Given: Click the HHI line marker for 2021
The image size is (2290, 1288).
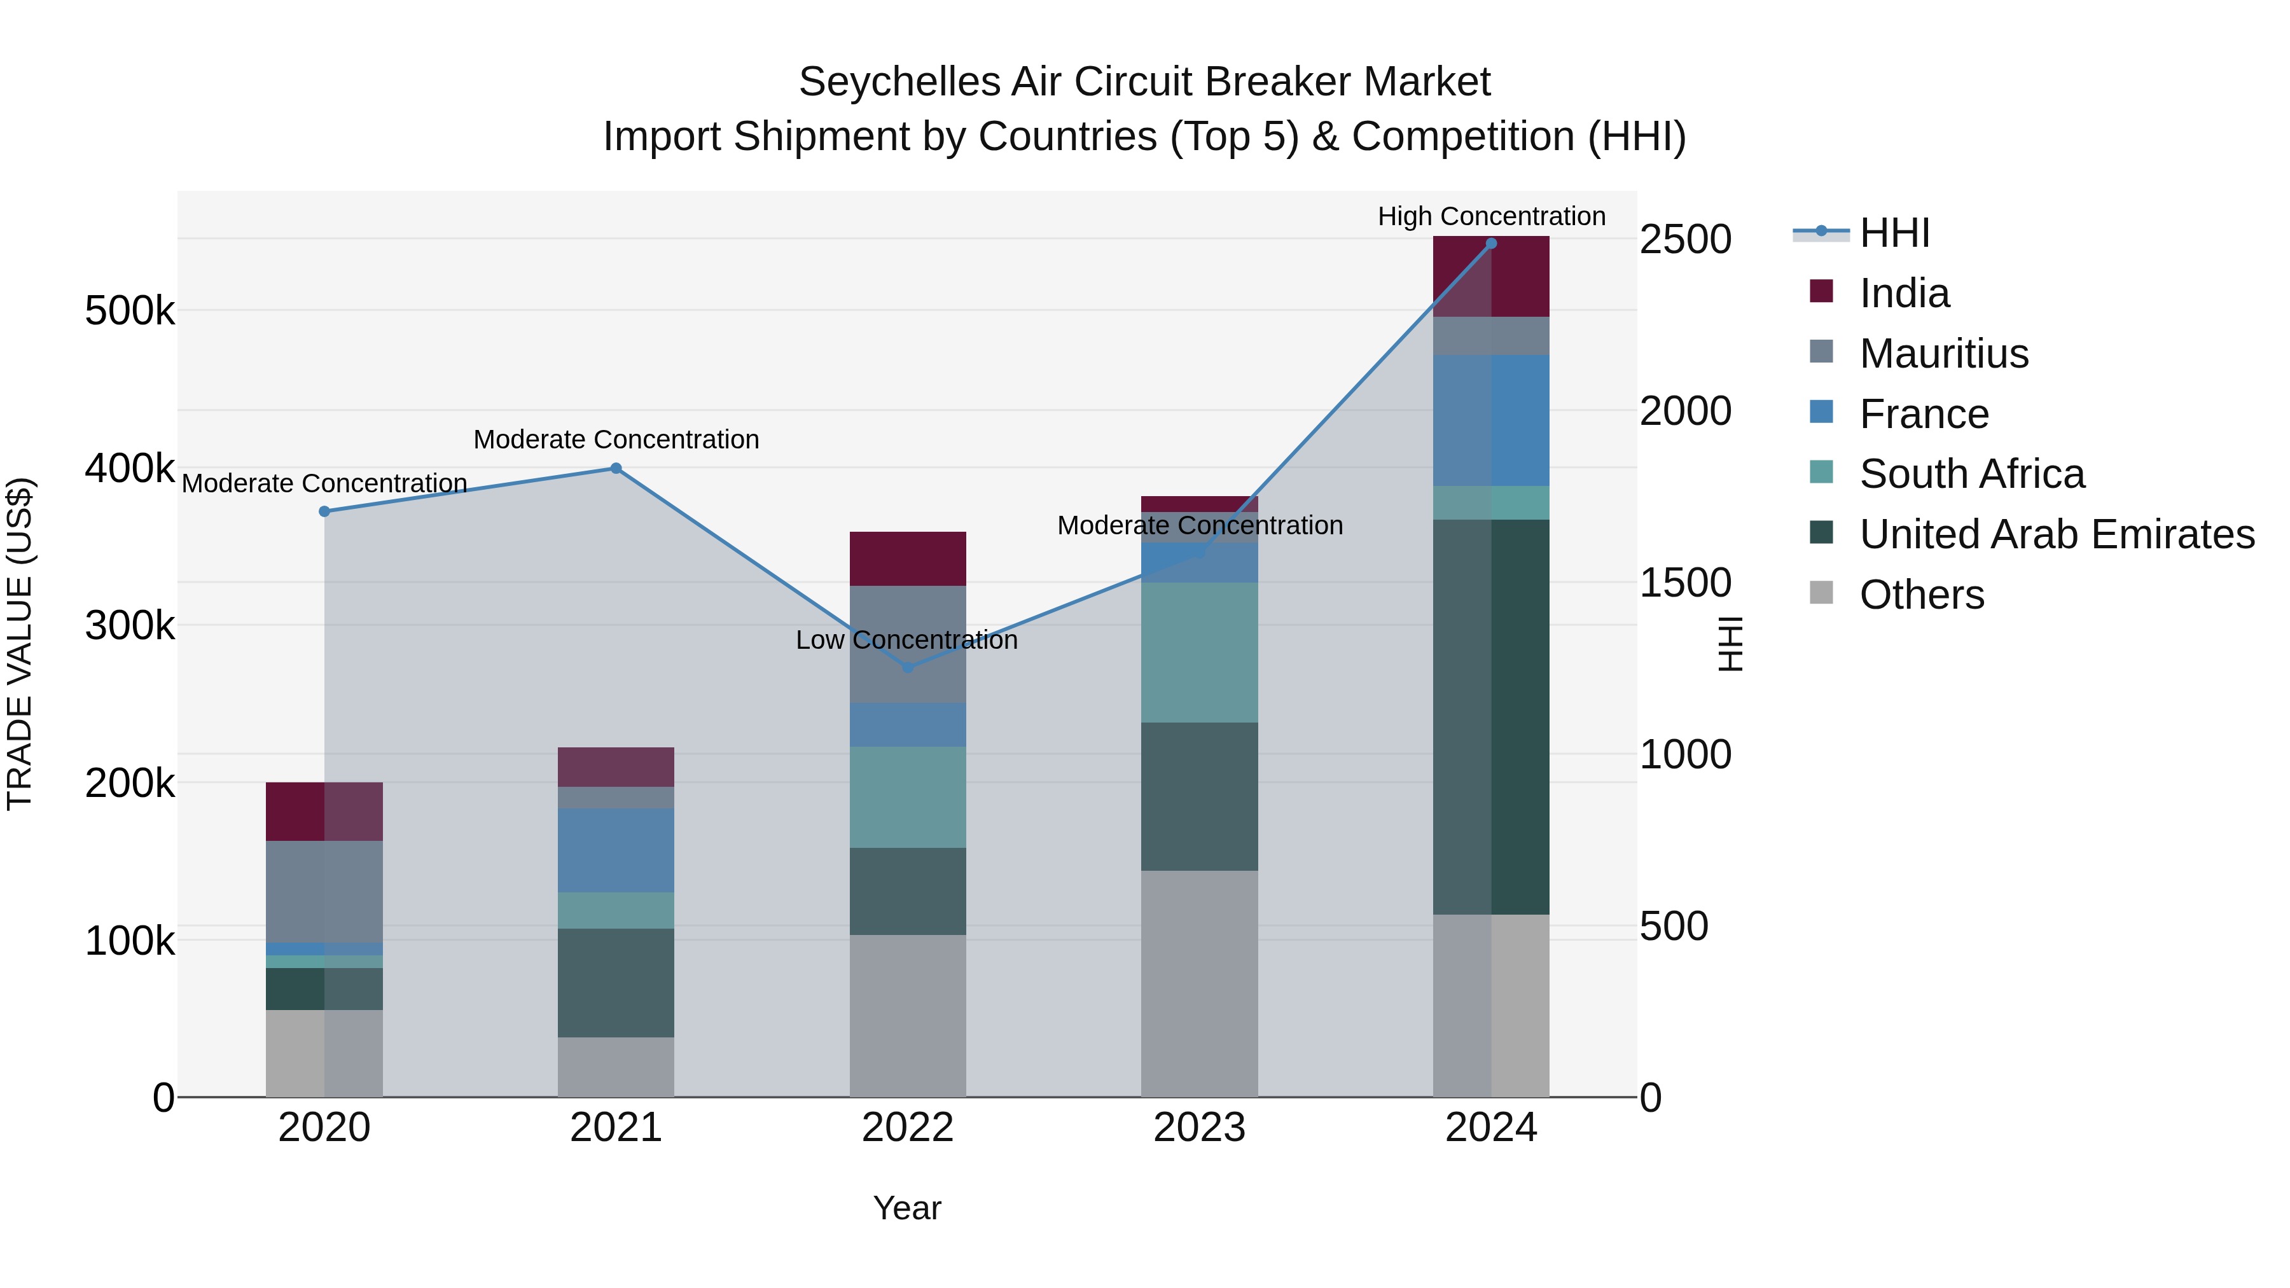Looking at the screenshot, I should tap(615, 468).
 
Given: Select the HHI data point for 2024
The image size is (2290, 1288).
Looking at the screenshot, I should tap(1491, 244).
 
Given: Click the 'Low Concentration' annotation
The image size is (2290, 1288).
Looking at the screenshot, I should tap(906, 640).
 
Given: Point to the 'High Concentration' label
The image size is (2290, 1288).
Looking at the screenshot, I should tap(1491, 216).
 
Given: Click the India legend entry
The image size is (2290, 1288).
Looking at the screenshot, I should tap(1903, 293).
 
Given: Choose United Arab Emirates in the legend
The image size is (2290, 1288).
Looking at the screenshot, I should tap(2056, 534).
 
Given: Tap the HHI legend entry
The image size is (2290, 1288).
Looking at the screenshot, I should tap(1894, 233).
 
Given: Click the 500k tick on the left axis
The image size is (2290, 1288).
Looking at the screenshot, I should tap(130, 311).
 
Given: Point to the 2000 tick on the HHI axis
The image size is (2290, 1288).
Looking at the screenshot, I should tap(1684, 412).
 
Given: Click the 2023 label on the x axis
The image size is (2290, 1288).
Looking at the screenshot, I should tap(1199, 1127).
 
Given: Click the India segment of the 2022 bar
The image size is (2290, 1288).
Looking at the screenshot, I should tap(908, 558).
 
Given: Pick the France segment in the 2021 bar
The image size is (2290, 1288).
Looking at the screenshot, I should tap(615, 850).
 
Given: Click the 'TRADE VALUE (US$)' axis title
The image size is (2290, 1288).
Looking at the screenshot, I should tap(20, 644).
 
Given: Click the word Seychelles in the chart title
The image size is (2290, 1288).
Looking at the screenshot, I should tap(898, 82).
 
